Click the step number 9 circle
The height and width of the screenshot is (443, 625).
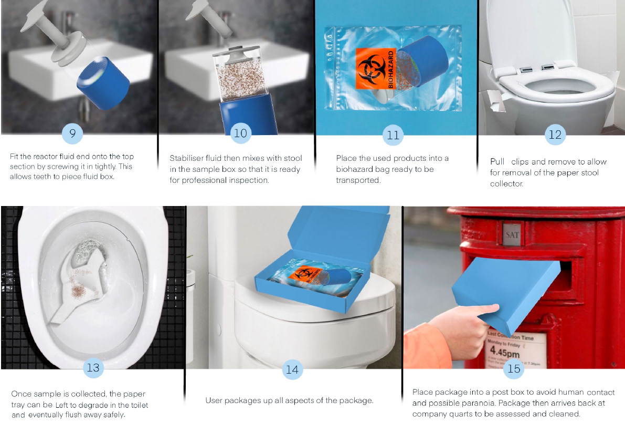pyautogui.click(x=72, y=133)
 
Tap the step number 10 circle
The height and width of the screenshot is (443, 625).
pyautogui.click(x=240, y=133)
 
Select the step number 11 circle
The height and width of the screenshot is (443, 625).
pyautogui.click(x=393, y=135)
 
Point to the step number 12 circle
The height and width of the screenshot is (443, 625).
pyautogui.click(x=555, y=135)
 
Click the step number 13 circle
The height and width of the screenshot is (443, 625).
pyautogui.click(x=93, y=367)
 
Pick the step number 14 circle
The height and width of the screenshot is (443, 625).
pyautogui.click(x=292, y=369)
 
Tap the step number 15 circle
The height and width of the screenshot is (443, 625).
pyautogui.click(x=514, y=368)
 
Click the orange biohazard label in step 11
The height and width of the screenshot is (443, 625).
pyautogui.click(x=376, y=69)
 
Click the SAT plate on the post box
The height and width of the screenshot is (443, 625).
pyautogui.click(x=512, y=234)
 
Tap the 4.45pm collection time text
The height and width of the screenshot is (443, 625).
pyautogui.click(x=505, y=352)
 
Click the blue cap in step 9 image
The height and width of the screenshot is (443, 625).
pyautogui.click(x=103, y=83)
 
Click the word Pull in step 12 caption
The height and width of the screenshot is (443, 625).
pyautogui.click(x=497, y=162)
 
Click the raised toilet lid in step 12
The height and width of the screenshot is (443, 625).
pyautogui.click(x=529, y=32)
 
